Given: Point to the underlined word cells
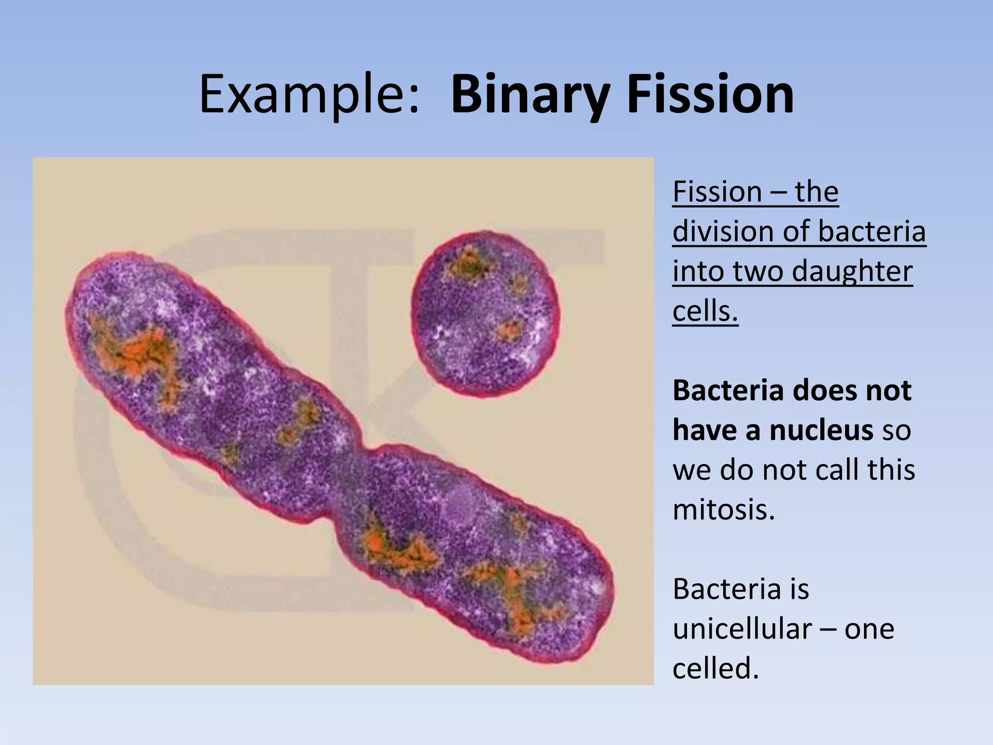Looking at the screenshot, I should point(705,311).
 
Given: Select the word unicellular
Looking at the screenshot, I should point(742,629).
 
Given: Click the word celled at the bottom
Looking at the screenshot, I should point(715,669).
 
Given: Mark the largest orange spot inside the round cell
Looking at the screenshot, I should point(468,264).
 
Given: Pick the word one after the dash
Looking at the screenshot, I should point(869,629).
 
